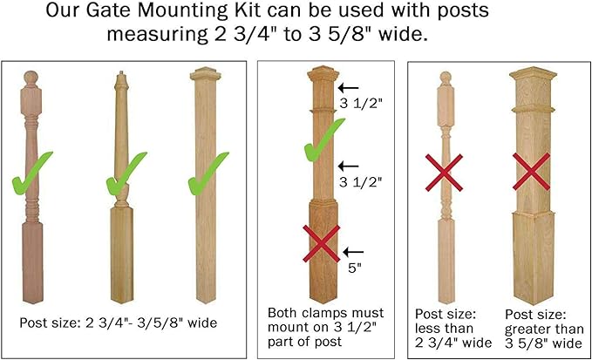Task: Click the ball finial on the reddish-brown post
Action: click(31, 78)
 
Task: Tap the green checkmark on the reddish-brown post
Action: click(31, 174)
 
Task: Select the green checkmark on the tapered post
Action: click(126, 174)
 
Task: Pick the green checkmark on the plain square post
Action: click(208, 173)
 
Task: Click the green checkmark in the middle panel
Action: click(324, 140)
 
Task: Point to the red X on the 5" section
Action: click(322, 243)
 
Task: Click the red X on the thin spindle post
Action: click(444, 173)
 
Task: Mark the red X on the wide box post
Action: click(531, 172)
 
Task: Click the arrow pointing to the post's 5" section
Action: click(353, 252)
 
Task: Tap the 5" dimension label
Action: click(355, 268)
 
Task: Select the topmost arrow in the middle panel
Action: click(348, 88)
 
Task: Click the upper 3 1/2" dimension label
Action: click(361, 104)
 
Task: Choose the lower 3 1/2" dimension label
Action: click(361, 182)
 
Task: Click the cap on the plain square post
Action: click(206, 73)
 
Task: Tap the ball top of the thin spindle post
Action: click(446, 78)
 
